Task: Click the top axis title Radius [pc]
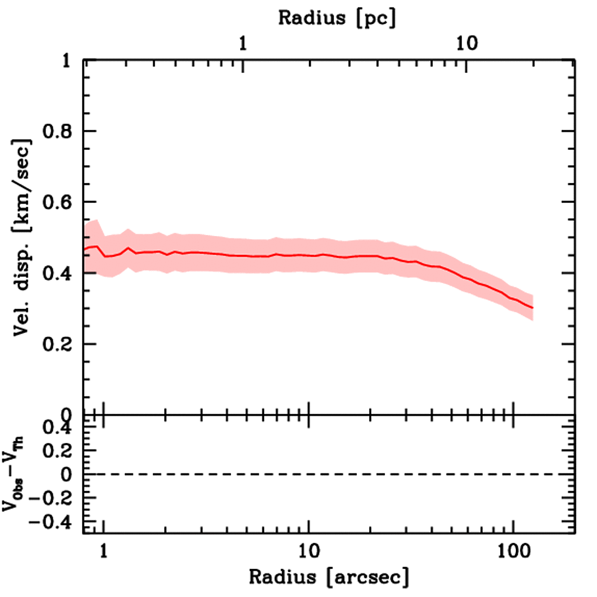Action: pos(336,18)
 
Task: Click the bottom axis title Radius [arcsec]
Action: pos(329,577)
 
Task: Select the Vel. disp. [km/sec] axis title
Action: pos(23,237)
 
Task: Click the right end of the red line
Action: pos(532,307)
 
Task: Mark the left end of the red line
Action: pos(85,250)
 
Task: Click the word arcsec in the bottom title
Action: pos(368,578)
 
